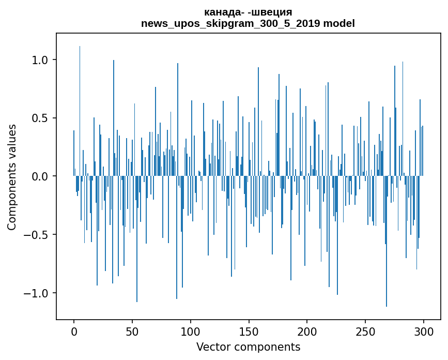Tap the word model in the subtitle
coord(340,23)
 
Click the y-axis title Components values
coord(11,177)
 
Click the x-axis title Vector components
coord(248,347)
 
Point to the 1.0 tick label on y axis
coord(40,60)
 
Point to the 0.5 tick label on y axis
coord(40,118)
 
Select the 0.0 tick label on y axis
coord(40,176)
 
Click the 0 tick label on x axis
coord(74,331)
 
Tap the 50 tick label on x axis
coord(132,331)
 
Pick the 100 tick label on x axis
coord(191,331)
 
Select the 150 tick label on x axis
coord(249,331)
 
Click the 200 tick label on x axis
coord(307,331)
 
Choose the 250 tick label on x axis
coord(365,331)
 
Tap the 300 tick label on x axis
coord(424,331)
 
